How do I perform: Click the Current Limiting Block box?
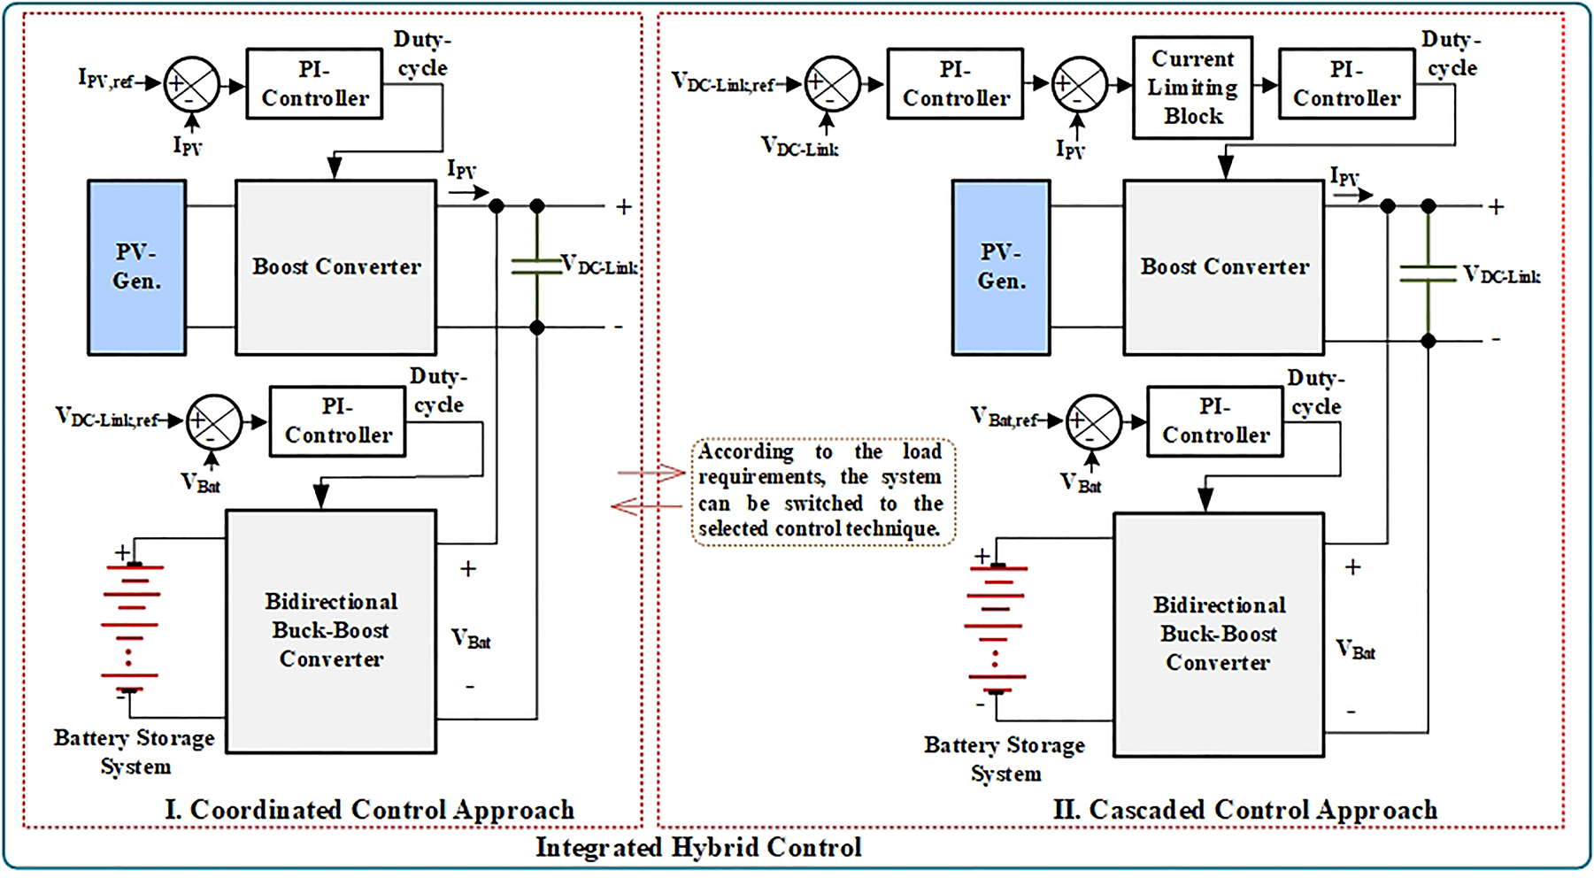tap(1191, 88)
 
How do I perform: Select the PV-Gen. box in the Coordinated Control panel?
tap(136, 267)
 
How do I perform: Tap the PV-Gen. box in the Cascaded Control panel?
tap(1000, 267)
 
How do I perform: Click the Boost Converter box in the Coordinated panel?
tap(335, 267)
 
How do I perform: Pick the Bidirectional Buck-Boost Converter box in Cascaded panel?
tap(1218, 635)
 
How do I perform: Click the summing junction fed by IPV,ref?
tap(192, 84)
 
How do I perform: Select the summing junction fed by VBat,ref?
tap(1093, 422)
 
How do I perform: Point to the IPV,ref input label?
tap(105, 81)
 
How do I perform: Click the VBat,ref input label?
tap(1005, 418)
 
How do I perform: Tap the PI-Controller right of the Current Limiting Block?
tap(1346, 84)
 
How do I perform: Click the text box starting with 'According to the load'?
tap(822, 491)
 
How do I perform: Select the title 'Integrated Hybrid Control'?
tap(698, 848)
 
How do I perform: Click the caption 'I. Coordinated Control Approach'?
tap(369, 810)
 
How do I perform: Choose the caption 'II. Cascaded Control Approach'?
tap(1244, 810)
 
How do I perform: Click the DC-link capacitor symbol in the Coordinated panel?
tap(536, 266)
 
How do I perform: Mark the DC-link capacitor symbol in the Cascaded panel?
tap(1427, 273)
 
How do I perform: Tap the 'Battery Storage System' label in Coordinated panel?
tap(135, 752)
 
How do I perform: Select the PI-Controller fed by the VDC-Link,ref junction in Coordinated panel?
tap(337, 421)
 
